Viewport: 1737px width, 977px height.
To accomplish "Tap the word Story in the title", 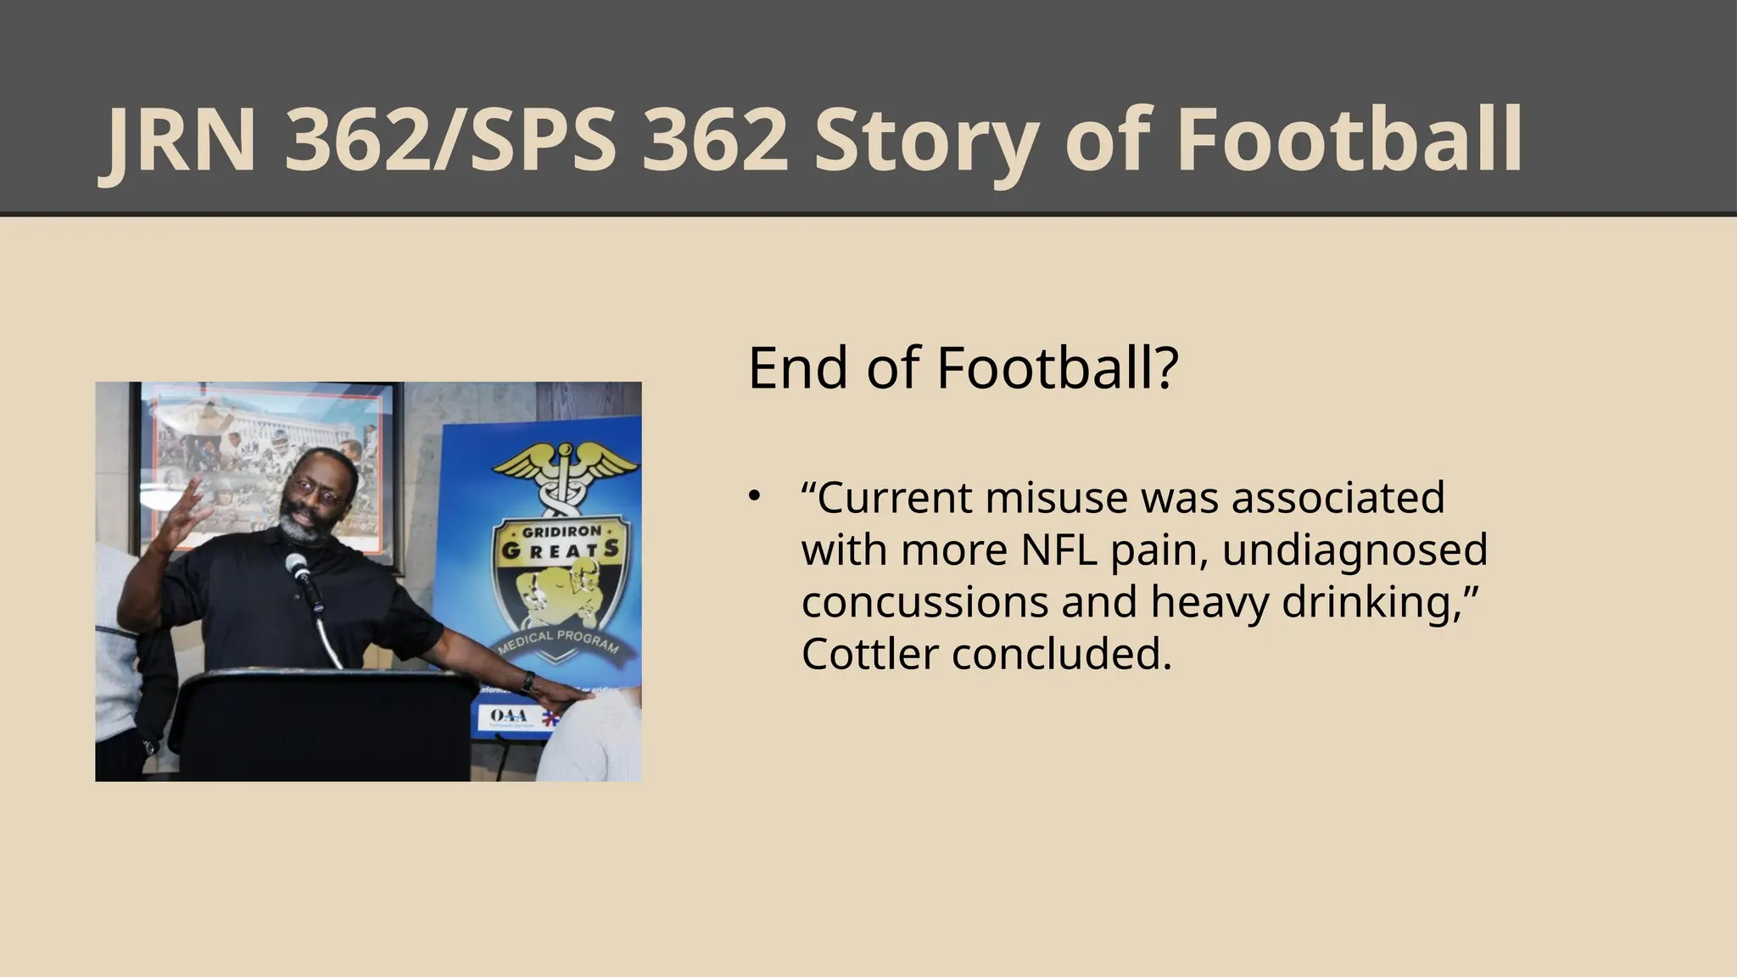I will (x=925, y=142).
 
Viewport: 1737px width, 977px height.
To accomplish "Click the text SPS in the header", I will (x=539, y=142).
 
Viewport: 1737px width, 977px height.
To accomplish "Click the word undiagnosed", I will (x=1354, y=550).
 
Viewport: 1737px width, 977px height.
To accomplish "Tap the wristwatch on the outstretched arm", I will (x=528, y=681).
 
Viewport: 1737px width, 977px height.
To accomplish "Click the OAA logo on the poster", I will (x=509, y=717).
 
